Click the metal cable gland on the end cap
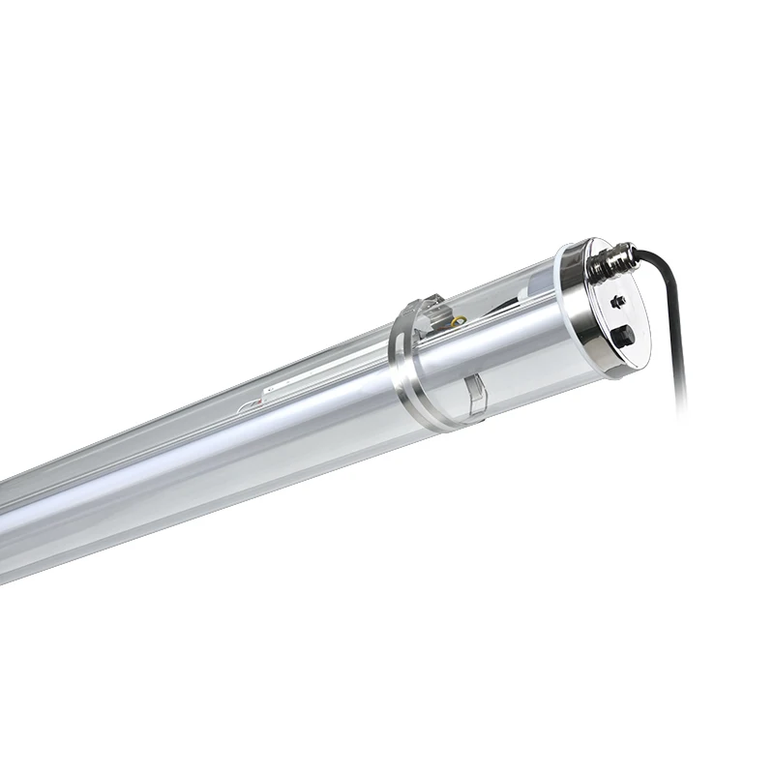click(x=615, y=260)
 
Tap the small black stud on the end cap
click(x=619, y=301)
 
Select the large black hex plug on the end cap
click(x=624, y=337)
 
